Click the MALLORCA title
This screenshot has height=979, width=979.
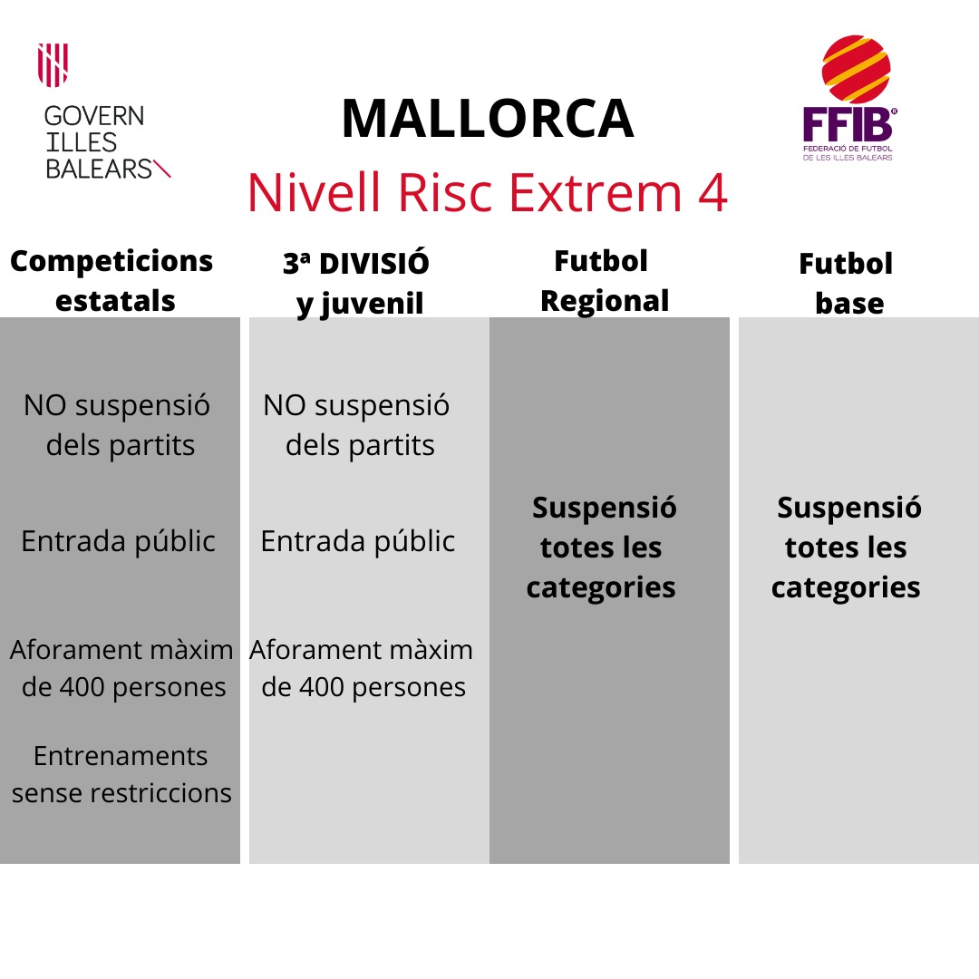point(488,119)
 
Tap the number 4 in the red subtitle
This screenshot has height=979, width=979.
point(712,192)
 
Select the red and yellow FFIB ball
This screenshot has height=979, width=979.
point(856,69)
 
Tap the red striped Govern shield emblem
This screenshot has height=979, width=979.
point(53,65)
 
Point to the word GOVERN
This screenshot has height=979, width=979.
point(94,116)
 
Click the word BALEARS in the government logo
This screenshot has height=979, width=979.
point(99,170)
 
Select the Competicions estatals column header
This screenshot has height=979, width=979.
point(112,281)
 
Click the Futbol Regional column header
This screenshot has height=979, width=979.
point(604,281)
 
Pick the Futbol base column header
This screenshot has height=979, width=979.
point(847,284)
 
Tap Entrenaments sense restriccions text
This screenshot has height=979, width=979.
point(121,774)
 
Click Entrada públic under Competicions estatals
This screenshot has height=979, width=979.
point(118,541)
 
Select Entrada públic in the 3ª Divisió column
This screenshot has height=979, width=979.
point(358,541)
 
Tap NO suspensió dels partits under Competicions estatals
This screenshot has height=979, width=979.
point(117,425)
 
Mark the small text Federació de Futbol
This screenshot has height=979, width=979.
point(848,149)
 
